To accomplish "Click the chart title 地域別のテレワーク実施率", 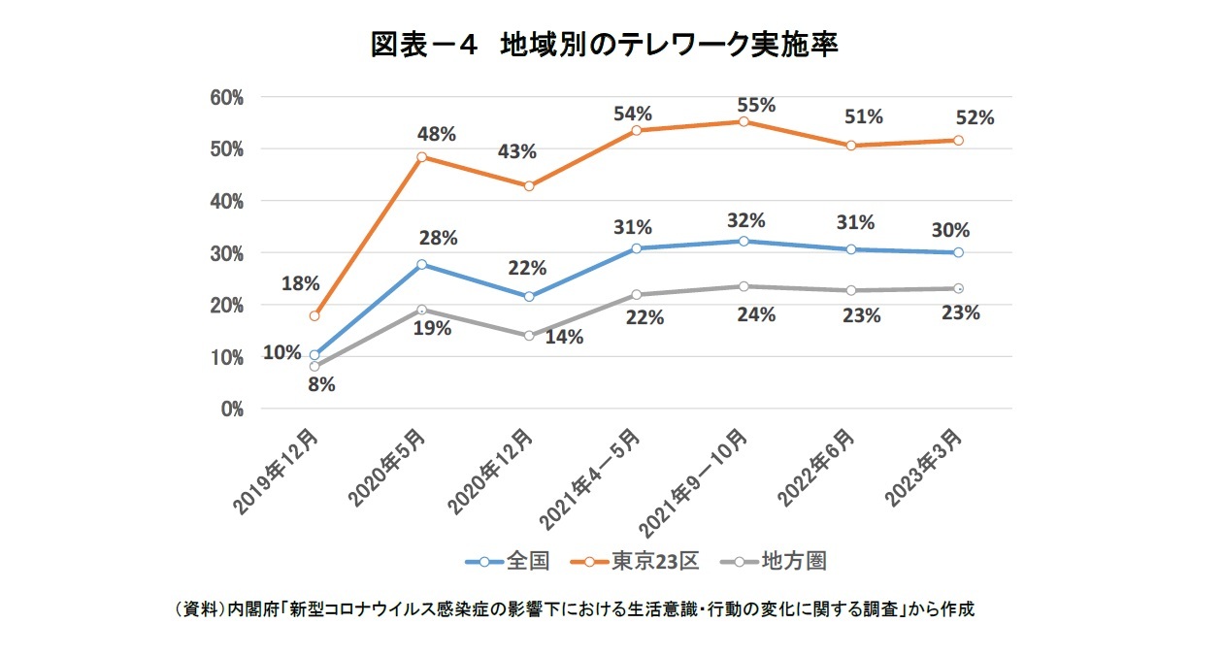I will (604, 46).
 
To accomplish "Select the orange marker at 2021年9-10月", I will (744, 122).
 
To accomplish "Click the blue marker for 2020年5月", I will (422, 264).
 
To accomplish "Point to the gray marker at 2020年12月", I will (529, 336).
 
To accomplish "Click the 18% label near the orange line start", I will (301, 284).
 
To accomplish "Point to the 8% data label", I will (321, 384).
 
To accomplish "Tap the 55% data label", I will (756, 105).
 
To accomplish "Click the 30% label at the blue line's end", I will (950, 231).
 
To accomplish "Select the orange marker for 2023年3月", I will (958, 141).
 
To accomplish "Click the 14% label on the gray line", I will (564, 338).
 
